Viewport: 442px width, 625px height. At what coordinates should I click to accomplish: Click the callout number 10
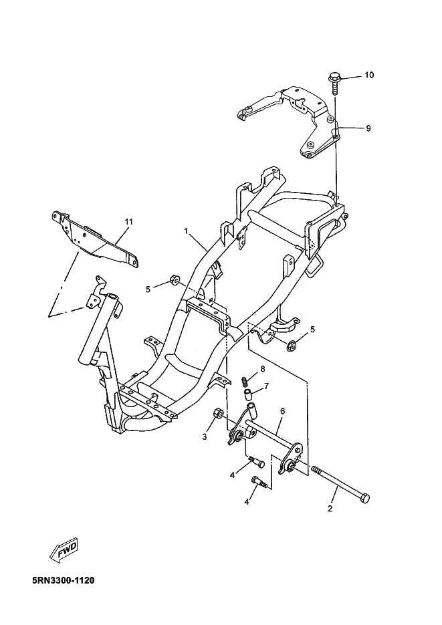[x=369, y=76]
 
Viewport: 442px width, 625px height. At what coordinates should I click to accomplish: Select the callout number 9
[x=368, y=128]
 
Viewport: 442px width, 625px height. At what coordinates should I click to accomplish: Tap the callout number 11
[x=128, y=221]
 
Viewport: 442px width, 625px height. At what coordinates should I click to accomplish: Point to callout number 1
[x=188, y=231]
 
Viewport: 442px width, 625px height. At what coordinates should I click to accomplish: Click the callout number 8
[x=263, y=369]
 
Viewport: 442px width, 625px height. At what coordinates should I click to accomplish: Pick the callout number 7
[x=266, y=386]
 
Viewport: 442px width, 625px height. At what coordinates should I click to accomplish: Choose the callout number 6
[x=282, y=411]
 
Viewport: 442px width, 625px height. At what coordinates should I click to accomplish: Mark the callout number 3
[x=205, y=436]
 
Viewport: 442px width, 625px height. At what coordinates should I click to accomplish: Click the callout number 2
[x=330, y=509]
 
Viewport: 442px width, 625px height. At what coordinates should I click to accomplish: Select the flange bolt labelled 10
[x=334, y=81]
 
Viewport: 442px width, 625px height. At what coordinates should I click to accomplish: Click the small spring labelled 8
[x=245, y=381]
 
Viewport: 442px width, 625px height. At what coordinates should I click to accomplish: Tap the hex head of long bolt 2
[x=364, y=499]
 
